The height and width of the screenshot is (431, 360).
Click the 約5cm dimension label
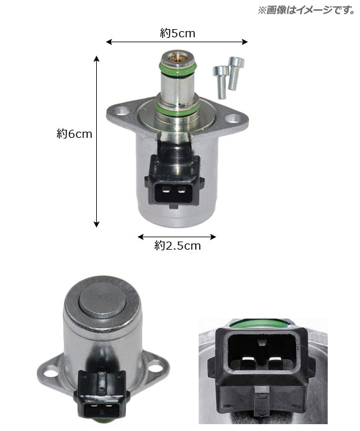pos(178,34)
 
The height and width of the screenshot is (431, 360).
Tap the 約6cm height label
pos(74,134)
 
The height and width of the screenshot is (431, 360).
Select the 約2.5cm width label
pos(178,246)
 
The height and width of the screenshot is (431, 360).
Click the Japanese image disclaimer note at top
pos(307,10)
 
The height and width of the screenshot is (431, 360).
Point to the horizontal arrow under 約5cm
pos(177,42)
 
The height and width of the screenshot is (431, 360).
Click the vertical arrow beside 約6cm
pos(96,142)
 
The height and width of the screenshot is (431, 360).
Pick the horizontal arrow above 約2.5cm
pos(177,237)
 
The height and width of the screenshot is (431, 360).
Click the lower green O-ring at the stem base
pos(177,108)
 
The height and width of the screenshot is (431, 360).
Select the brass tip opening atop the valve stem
pos(175,57)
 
